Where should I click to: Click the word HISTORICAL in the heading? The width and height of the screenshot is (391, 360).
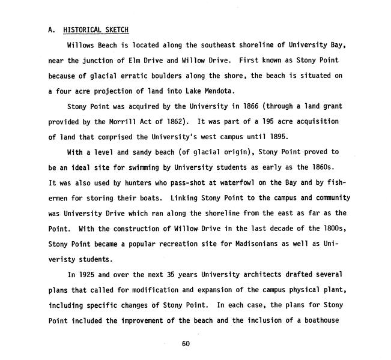84,30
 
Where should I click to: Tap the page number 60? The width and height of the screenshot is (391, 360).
185,344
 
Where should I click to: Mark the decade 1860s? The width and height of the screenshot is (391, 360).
313,167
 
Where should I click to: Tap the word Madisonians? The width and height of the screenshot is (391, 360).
263,244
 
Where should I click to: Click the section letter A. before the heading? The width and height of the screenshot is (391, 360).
52,30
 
